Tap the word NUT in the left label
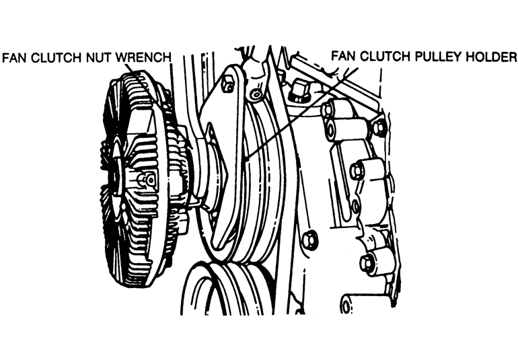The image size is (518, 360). [x=102, y=58]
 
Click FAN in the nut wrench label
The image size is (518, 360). [x=15, y=58]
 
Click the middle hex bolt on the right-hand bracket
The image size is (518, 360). [x=357, y=172]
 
